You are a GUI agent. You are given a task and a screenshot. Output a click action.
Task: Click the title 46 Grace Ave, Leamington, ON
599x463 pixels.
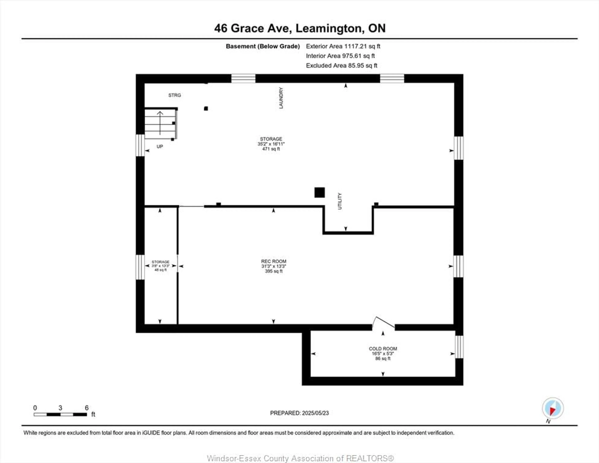click(x=300, y=28)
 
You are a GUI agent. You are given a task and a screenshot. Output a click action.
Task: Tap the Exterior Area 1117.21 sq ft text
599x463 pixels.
click(x=343, y=46)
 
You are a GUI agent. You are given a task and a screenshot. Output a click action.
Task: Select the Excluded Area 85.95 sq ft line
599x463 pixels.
click(x=341, y=65)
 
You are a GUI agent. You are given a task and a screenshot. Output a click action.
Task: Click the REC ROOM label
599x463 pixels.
click(x=273, y=261)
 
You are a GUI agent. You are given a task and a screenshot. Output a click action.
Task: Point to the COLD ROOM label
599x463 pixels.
click(x=383, y=349)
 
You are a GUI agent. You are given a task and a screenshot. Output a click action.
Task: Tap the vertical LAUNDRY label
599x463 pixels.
click(x=281, y=98)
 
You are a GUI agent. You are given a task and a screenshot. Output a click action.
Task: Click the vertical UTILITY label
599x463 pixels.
click(x=340, y=201)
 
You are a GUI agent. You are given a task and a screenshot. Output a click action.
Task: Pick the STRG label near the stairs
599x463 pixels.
click(x=174, y=95)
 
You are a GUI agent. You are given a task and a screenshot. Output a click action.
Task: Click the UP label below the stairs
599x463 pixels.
click(x=160, y=147)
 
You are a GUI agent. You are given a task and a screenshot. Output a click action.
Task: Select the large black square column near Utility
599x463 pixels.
click(x=319, y=192)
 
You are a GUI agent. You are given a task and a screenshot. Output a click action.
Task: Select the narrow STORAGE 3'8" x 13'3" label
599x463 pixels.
click(x=161, y=266)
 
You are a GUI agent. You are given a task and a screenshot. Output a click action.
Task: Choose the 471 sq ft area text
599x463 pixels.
click(x=271, y=149)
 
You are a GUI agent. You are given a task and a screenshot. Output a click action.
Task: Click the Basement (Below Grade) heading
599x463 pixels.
click(x=263, y=46)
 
